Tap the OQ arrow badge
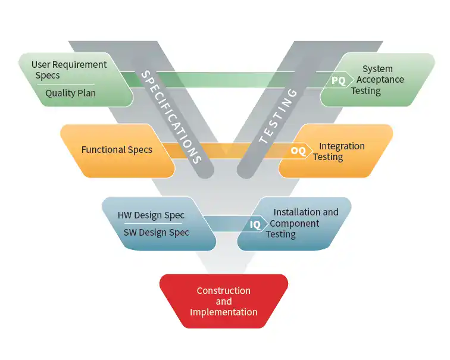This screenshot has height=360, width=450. (x=299, y=151)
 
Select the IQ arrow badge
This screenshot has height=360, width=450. (x=257, y=224)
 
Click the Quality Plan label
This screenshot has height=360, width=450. (x=70, y=93)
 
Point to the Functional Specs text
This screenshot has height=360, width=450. (x=117, y=150)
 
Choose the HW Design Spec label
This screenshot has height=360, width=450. (x=151, y=215)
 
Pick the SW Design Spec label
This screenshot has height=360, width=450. (x=157, y=232)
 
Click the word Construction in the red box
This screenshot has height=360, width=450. (x=224, y=290)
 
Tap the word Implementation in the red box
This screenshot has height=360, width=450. (x=224, y=312)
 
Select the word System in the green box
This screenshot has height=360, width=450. (x=377, y=69)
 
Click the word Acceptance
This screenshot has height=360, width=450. (x=380, y=80)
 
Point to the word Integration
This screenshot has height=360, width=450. (x=342, y=146)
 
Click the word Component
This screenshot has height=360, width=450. (x=295, y=224)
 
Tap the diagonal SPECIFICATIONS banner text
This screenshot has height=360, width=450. (x=171, y=117)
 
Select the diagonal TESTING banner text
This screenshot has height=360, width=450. (x=278, y=116)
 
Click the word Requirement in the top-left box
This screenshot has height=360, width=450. (x=80, y=65)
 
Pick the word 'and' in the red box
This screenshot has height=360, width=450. (x=224, y=302)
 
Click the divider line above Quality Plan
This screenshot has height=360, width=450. (x=65, y=84)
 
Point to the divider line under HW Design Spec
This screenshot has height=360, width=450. (x=153, y=223)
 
